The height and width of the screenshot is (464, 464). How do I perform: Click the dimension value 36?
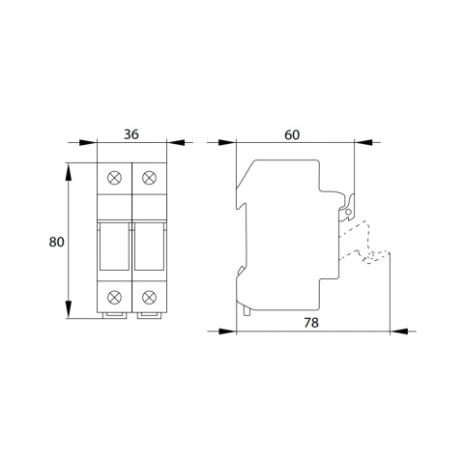pos(131,134)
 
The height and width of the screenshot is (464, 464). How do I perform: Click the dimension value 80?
pos(56,242)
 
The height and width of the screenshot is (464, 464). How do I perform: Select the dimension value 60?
pos(292,135)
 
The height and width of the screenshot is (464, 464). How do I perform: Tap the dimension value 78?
pos(311,323)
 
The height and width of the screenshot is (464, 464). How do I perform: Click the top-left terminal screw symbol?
pos(114,178)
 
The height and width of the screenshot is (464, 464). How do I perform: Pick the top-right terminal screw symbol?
pos(149,178)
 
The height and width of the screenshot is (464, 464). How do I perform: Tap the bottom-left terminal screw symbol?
pos(114,297)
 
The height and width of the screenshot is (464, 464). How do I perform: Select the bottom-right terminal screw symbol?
pos(149,297)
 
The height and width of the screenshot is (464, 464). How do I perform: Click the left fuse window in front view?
pos(114,246)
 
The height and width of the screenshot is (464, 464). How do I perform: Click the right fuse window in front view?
pos(149,246)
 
